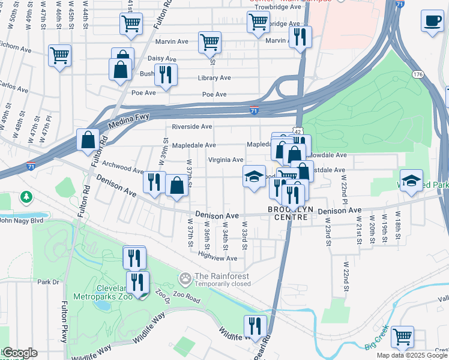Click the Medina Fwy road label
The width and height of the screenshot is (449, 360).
(x=128, y=121)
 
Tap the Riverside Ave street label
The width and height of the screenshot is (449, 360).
(x=192, y=127)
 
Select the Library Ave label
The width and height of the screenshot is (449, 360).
(x=214, y=78)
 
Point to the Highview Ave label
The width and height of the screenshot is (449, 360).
(x=217, y=258)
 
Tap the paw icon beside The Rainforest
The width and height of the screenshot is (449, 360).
(x=185, y=278)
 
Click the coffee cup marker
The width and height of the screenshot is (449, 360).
(x=432, y=22)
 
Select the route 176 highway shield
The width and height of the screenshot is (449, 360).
(x=418, y=74)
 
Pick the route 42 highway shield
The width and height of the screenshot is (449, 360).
(x=297, y=130)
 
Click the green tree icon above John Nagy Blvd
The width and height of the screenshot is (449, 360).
(x=26, y=197)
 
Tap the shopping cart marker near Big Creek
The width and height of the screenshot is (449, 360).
(x=402, y=337)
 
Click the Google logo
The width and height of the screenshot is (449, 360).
(x=19, y=353)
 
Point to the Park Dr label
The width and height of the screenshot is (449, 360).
(x=48, y=281)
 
